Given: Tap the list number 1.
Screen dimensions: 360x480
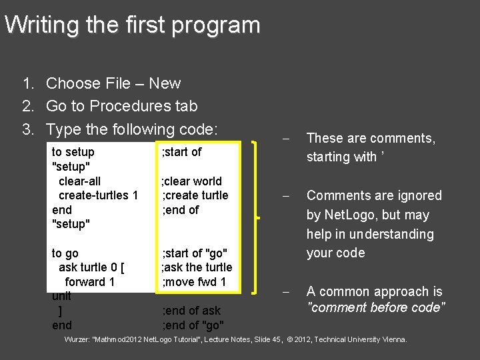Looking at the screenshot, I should point(28,84).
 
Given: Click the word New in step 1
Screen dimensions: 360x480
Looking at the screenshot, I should point(165,84).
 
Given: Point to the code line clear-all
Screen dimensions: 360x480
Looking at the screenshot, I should point(79,181).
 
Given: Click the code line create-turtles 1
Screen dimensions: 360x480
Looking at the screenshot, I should point(98,195).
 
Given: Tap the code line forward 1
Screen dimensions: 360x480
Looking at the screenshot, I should point(90,282).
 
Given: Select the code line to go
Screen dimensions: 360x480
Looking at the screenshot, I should point(65,253).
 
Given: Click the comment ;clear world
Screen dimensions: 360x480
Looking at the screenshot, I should point(192,181).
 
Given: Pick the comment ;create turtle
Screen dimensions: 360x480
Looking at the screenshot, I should point(195,195).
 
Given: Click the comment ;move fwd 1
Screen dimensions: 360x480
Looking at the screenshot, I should point(195,282).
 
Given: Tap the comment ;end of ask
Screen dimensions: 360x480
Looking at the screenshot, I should point(191,311).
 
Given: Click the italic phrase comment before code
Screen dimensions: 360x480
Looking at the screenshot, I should point(376,308).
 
